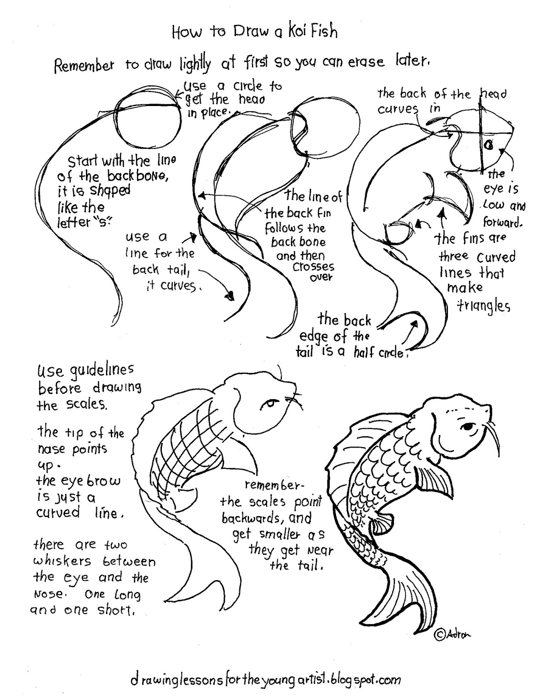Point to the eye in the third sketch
tap(489, 144)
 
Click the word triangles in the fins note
tap(483, 306)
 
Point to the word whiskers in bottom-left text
tap(62, 561)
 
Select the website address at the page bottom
tap(265, 679)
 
